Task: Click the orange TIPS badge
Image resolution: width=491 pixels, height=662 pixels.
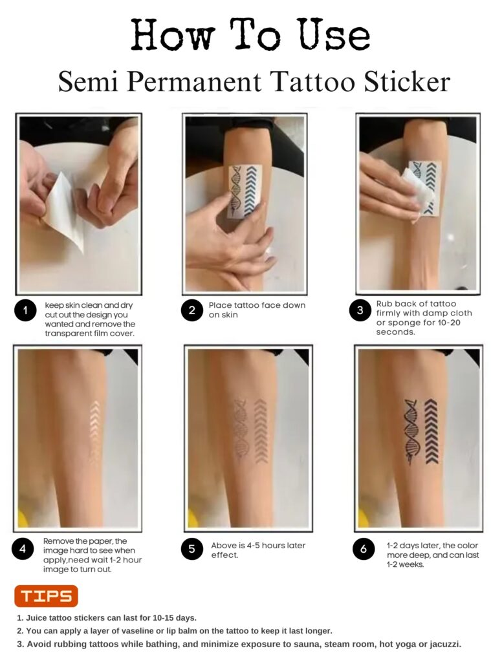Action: point(46,595)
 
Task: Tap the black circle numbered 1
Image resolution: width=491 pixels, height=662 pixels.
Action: point(25,310)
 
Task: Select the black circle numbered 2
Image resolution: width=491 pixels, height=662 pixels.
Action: point(192,310)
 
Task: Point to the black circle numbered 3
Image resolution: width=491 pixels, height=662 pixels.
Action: point(360,310)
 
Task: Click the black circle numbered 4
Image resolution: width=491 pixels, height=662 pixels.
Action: point(23,548)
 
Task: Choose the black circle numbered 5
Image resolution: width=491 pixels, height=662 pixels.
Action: point(192,548)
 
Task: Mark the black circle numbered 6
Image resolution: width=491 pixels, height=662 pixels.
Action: point(364,548)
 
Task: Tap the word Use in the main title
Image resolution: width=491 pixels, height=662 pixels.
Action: point(335,36)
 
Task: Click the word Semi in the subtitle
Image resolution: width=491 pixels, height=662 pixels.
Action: point(87,81)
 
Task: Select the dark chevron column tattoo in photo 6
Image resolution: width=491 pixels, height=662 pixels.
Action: point(431,431)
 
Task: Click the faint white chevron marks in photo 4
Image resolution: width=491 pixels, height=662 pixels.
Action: point(95,432)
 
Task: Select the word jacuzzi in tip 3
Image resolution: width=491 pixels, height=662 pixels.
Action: point(445,645)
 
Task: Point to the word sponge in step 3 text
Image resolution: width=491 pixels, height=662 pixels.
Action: point(399,323)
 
